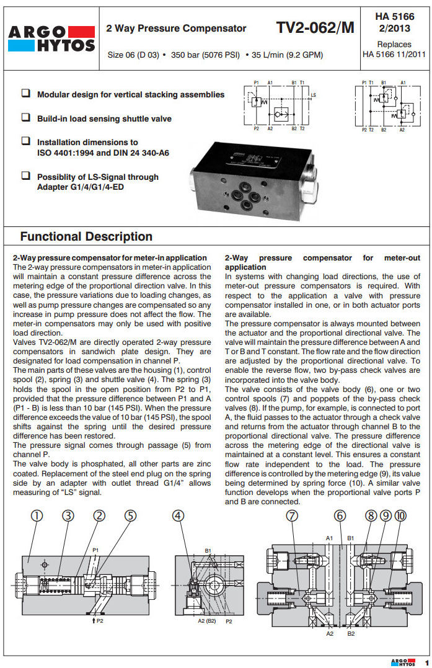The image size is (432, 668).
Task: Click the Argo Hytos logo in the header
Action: coord(51,38)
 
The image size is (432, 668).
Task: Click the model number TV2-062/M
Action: coord(315,28)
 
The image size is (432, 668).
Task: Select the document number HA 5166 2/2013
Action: coord(394,23)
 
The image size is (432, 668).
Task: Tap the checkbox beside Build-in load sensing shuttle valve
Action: coord(26,117)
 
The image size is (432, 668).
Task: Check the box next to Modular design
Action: coord(26,94)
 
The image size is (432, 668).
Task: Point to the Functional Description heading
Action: coord(86,236)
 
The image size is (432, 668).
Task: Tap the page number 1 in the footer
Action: coord(427,662)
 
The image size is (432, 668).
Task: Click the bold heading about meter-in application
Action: coord(110,257)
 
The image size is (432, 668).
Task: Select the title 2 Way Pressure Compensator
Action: coord(176,29)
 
